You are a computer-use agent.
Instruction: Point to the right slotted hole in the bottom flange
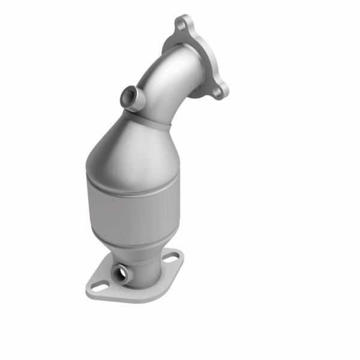(171, 259)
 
